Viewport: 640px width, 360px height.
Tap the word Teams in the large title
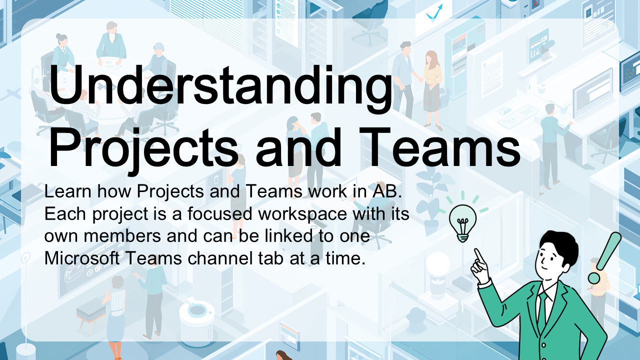[439, 147]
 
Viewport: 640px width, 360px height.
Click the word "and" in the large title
[299, 147]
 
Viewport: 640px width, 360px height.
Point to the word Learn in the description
[67, 191]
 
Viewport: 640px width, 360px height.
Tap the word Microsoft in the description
[82, 258]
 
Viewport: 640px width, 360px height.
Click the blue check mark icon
[434, 13]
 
